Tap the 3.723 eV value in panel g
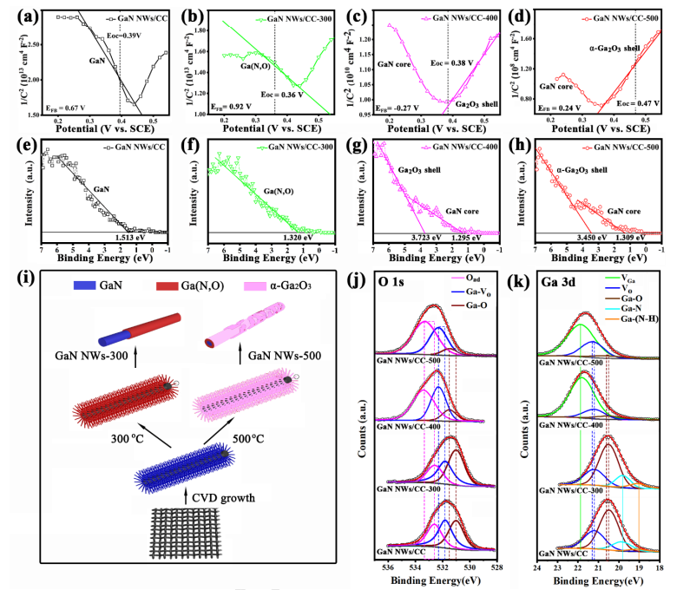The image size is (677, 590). point(438,234)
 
